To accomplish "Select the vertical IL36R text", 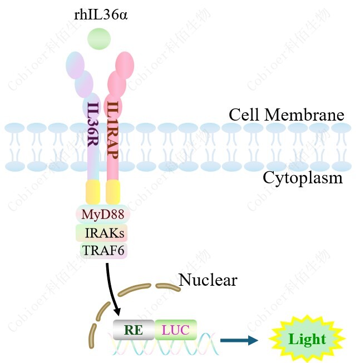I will pyautogui.click(x=93, y=128).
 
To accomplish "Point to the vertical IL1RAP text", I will pyautogui.click(x=113, y=128).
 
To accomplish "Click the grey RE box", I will pyautogui.click(x=133, y=330).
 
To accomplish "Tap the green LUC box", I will pyautogui.click(x=175, y=330).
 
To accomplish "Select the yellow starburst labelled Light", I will pyautogui.click(x=307, y=339).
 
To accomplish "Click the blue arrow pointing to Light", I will pyautogui.click(x=239, y=340).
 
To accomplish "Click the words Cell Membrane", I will pyautogui.click(x=287, y=115).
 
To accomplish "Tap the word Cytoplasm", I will pyautogui.click(x=303, y=178).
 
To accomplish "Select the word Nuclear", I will pyautogui.click(x=208, y=280).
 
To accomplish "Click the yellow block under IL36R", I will pyautogui.click(x=92, y=192).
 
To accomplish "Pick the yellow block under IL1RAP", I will pyautogui.click(x=113, y=192).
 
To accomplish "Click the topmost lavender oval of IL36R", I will pyautogui.click(x=75, y=64).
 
